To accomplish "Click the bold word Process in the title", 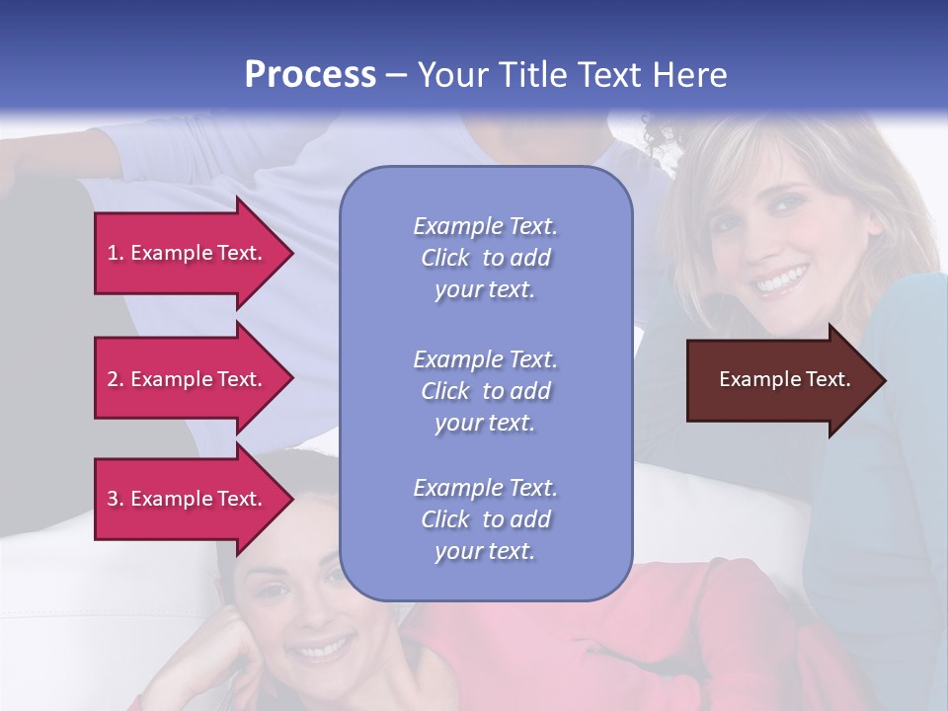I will tap(310, 75).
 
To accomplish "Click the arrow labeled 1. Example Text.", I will tap(188, 253).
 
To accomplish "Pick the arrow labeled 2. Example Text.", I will tap(188, 379).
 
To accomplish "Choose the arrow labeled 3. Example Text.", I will tap(188, 499).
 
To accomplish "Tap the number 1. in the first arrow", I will tap(116, 253).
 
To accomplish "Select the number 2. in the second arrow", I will tap(116, 379).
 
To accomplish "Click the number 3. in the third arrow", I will tap(116, 499).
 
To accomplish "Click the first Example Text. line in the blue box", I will tap(485, 226).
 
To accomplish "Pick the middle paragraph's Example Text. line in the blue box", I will tap(485, 358).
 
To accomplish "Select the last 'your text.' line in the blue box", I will tap(485, 551).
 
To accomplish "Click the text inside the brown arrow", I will tap(785, 379).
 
